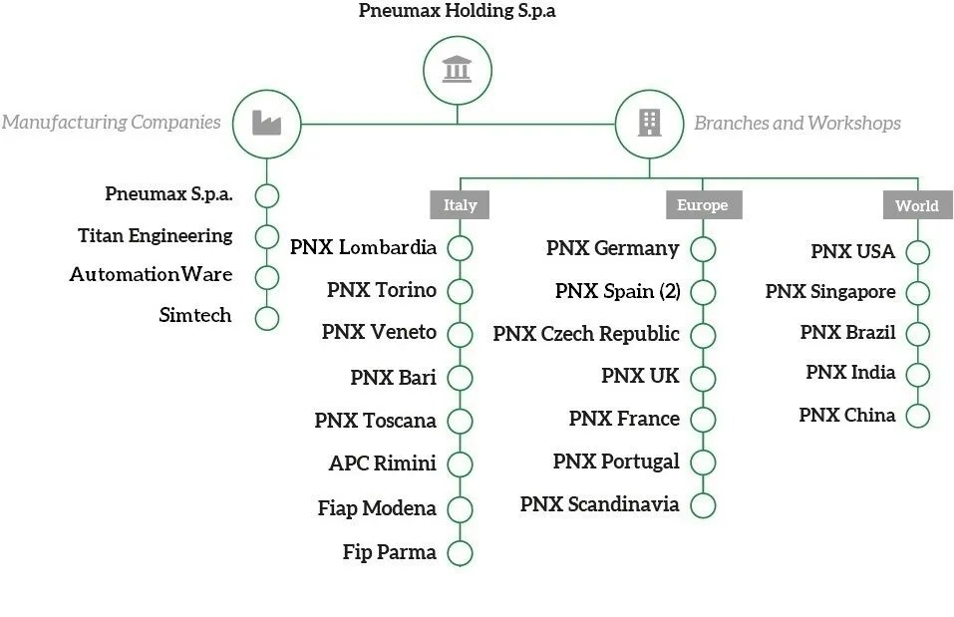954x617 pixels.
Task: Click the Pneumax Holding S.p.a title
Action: click(458, 12)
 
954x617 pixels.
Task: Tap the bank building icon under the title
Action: click(458, 69)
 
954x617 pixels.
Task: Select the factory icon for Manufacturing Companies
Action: click(266, 124)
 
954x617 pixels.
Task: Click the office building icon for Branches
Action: click(649, 124)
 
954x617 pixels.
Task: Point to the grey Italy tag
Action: click(460, 205)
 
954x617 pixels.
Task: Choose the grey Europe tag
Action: click(702, 205)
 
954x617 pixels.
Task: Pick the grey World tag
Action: click(916, 205)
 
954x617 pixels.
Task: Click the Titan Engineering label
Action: click(156, 236)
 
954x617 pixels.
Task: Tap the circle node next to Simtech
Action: click(266, 319)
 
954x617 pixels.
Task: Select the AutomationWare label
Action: click(152, 274)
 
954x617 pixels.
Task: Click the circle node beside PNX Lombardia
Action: click(460, 248)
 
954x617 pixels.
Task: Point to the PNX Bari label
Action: click(394, 378)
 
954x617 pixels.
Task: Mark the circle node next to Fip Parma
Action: click(460, 553)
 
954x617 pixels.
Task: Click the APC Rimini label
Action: click(383, 463)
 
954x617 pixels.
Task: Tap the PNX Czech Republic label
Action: click(586, 334)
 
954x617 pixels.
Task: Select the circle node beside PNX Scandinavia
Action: click(703, 505)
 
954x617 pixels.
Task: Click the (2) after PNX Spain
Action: click(670, 291)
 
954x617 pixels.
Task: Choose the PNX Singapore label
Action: click(830, 292)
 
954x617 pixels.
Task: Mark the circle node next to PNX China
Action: click(917, 416)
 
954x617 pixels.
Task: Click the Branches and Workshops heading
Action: click(797, 124)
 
